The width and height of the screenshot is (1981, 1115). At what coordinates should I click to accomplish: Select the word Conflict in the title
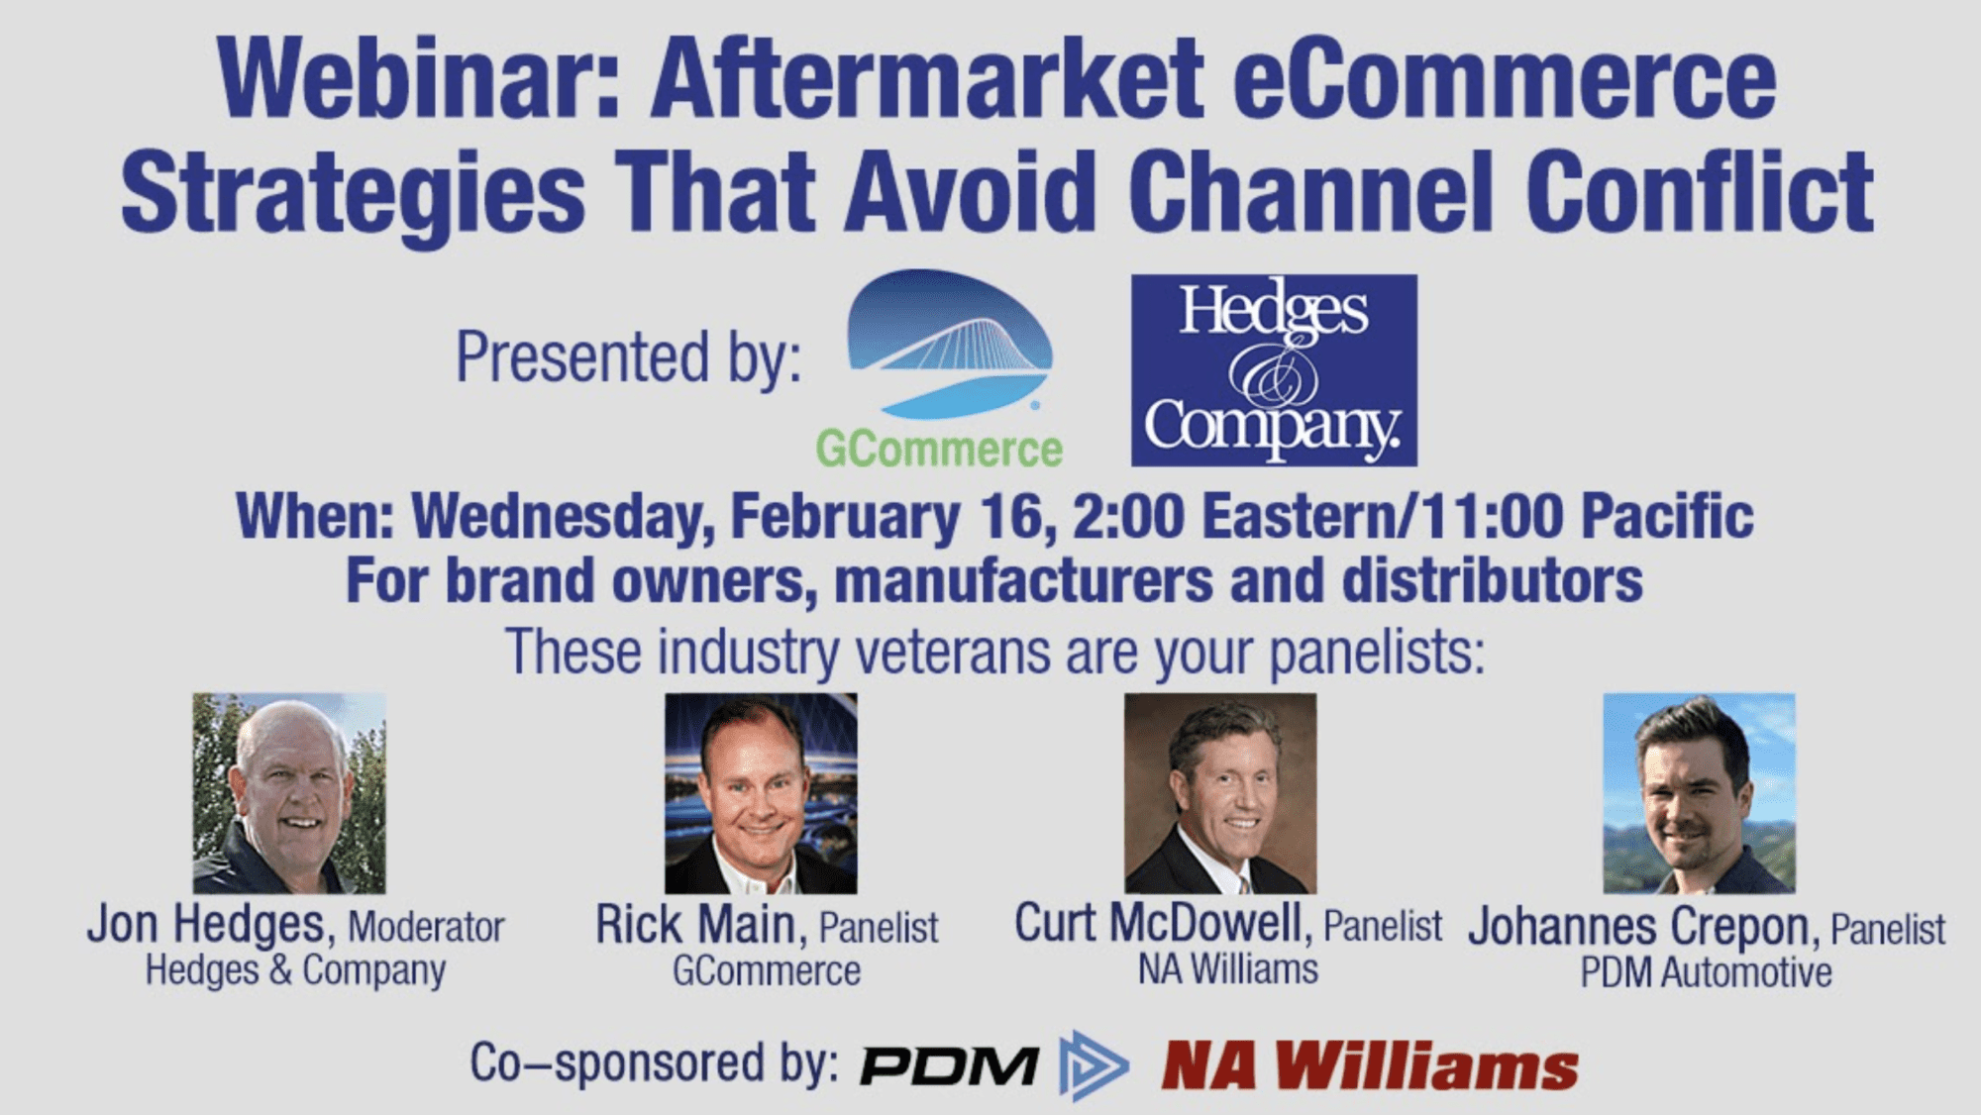(1700, 191)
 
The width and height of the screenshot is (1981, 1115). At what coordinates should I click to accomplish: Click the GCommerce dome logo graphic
(949, 344)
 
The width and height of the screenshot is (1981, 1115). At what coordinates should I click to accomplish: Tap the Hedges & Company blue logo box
(1274, 370)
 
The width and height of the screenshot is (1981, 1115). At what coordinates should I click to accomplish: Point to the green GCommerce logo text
(939, 450)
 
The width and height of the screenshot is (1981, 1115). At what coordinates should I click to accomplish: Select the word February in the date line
(845, 517)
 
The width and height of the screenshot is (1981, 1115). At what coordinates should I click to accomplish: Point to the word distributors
(1492, 580)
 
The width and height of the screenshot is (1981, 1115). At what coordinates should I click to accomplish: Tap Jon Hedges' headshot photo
(289, 793)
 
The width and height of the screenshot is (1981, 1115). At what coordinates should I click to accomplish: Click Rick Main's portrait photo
(761, 793)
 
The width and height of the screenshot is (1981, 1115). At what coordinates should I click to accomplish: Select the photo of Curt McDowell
(1220, 793)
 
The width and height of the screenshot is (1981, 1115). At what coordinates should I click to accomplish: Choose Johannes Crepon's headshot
(1700, 793)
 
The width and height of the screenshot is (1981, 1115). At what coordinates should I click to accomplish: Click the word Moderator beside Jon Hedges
(426, 928)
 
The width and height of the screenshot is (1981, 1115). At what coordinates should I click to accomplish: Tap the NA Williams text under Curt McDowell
(1228, 969)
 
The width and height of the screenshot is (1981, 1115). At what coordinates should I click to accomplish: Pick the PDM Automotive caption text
(1706, 972)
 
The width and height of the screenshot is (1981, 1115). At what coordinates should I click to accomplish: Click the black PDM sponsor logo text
(949, 1066)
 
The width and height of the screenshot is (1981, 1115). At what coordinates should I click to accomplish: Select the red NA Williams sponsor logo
(1370, 1066)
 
